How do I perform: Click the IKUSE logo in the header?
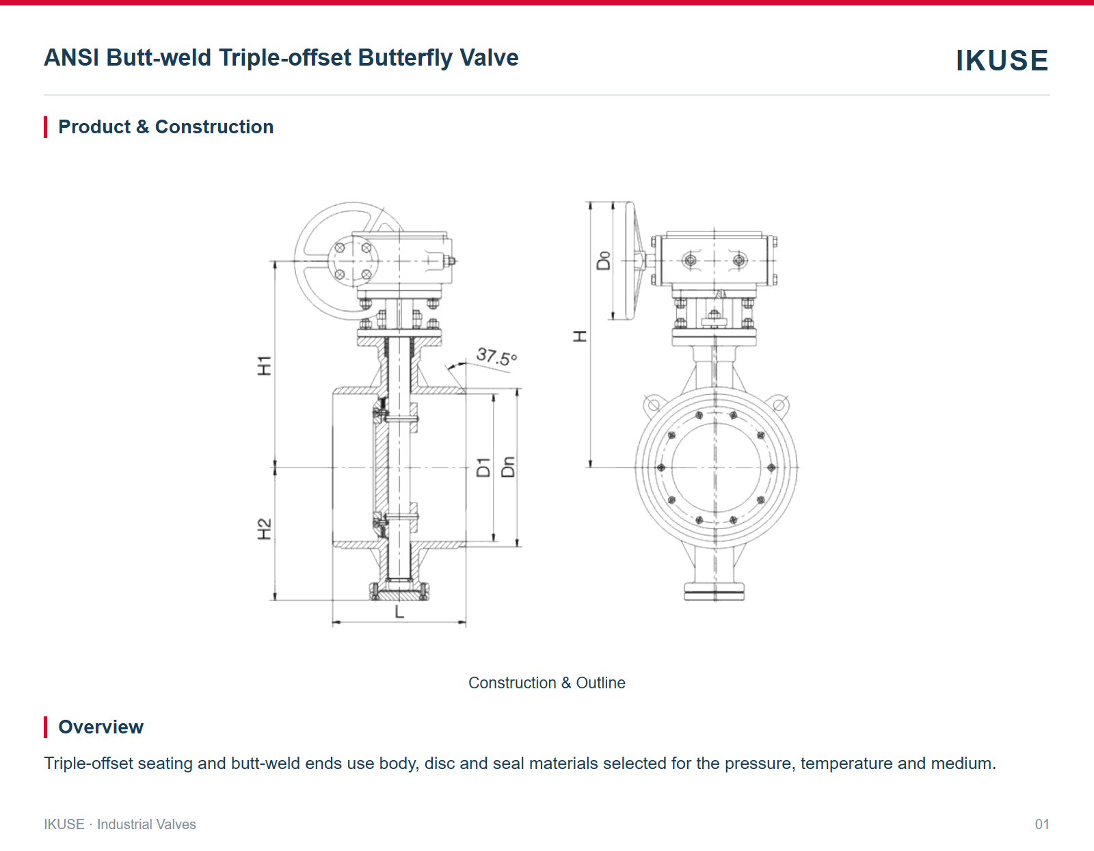1002,60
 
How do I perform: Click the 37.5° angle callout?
496,357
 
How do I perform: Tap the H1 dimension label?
264,366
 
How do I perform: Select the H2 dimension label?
264,529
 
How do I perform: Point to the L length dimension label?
399,612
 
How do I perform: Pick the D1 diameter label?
483,468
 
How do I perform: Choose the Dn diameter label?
508,467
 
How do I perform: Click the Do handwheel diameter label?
603,260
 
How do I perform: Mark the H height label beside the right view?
580,336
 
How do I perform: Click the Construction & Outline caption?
547,683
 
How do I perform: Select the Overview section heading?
101,727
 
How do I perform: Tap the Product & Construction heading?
166,127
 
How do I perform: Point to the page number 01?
1041,824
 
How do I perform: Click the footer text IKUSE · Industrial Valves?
120,824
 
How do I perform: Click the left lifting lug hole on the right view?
654,405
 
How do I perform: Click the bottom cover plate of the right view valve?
714,592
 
